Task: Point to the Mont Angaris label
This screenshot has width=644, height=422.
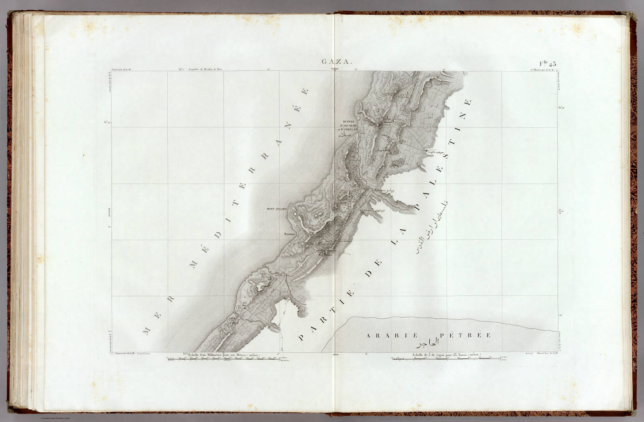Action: pos(277,208)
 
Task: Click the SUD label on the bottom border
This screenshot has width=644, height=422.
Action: pos(335,355)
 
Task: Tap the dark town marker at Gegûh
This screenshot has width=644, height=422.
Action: pos(427,151)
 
